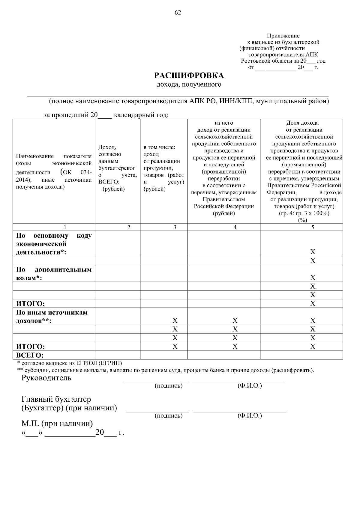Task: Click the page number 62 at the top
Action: pos(178,12)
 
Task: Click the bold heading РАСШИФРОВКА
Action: pos(189,75)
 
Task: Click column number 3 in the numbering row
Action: pos(175,228)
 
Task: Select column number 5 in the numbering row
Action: pos(313,228)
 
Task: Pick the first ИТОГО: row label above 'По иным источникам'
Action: pos(30,304)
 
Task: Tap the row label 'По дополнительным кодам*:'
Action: pos(54,273)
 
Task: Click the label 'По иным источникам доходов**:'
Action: pos(52,317)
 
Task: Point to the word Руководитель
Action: pos(46,378)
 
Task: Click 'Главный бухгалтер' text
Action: pos(56,399)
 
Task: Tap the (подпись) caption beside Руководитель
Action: pos(168,385)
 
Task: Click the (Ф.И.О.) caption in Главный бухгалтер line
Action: pos(249,415)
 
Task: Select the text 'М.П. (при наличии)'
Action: pos(57,424)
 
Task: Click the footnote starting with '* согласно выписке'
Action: pos(70,363)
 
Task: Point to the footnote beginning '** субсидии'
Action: pos(165,370)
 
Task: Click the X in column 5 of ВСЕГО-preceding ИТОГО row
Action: pos(313,347)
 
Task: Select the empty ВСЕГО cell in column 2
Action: pos(118,355)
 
